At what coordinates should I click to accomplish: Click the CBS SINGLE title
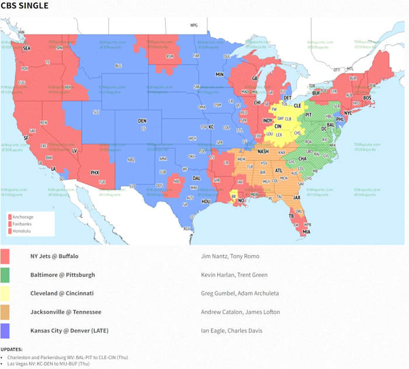tap(25, 6)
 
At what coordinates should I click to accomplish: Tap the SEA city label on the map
tap(26, 49)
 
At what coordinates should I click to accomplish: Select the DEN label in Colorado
tap(142, 121)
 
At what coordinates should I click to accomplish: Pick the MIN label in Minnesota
tap(219, 75)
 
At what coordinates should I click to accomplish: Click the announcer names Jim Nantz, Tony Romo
tap(226, 256)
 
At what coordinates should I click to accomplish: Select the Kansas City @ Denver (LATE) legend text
tap(69, 331)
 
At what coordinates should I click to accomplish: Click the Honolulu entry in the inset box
tap(22, 231)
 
